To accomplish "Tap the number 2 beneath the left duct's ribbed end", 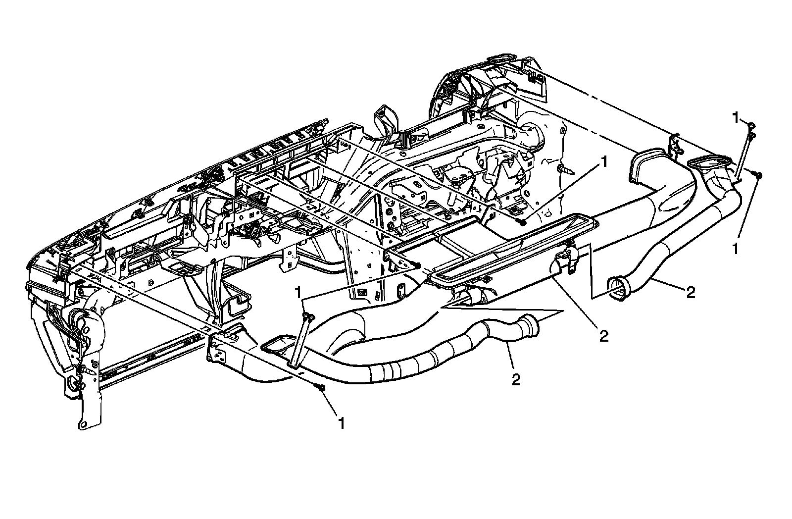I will [x=516, y=379].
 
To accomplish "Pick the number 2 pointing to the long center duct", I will [x=603, y=336].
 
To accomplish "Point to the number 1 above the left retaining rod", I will [x=298, y=292].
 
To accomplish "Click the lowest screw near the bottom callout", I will [x=322, y=387].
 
